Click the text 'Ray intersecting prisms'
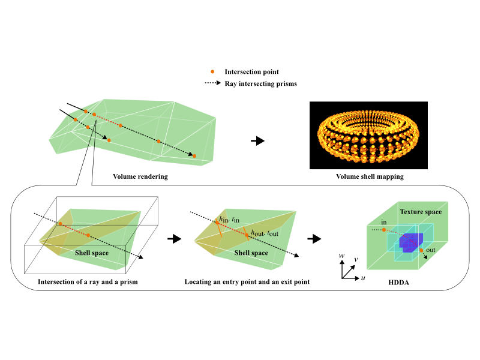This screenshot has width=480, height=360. [x=260, y=83]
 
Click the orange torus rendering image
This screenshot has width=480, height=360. [x=368, y=135]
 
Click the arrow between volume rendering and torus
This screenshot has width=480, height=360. [x=257, y=141]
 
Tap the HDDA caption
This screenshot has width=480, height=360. [x=400, y=281]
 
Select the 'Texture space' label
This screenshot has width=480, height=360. [x=421, y=212]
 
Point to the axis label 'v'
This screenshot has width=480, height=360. [x=356, y=260]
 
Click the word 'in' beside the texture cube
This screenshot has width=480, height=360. [x=384, y=223]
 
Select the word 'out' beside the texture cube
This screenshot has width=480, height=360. [x=431, y=251]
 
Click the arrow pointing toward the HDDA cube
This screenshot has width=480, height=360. [x=313, y=239]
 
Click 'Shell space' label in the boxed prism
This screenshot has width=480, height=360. [x=92, y=253]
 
